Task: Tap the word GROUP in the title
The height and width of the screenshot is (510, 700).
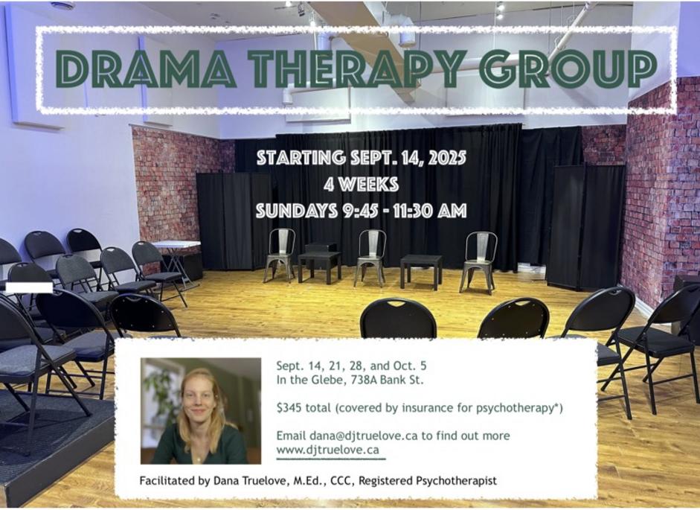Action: point(568,68)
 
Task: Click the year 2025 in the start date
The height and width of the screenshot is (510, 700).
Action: point(447,158)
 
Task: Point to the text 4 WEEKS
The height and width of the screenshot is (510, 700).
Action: point(362,184)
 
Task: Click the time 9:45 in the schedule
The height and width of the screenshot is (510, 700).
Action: point(365,211)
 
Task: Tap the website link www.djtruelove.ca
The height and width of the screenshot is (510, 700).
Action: point(327,450)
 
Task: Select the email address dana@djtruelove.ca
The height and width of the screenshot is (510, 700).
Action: point(364,436)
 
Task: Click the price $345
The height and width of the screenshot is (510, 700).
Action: point(289,408)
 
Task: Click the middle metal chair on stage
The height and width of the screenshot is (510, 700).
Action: point(370,257)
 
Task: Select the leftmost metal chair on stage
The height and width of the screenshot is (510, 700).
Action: point(280,255)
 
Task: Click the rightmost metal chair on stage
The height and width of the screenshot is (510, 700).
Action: point(478,262)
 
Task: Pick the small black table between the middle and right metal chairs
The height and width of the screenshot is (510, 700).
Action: point(421,270)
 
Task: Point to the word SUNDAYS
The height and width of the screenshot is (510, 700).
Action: point(296,211)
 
